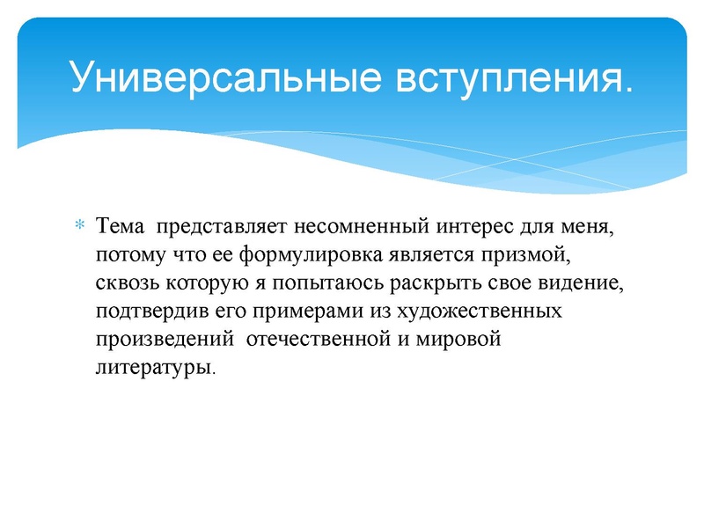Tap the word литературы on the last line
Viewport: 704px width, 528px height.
pos(154,369)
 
